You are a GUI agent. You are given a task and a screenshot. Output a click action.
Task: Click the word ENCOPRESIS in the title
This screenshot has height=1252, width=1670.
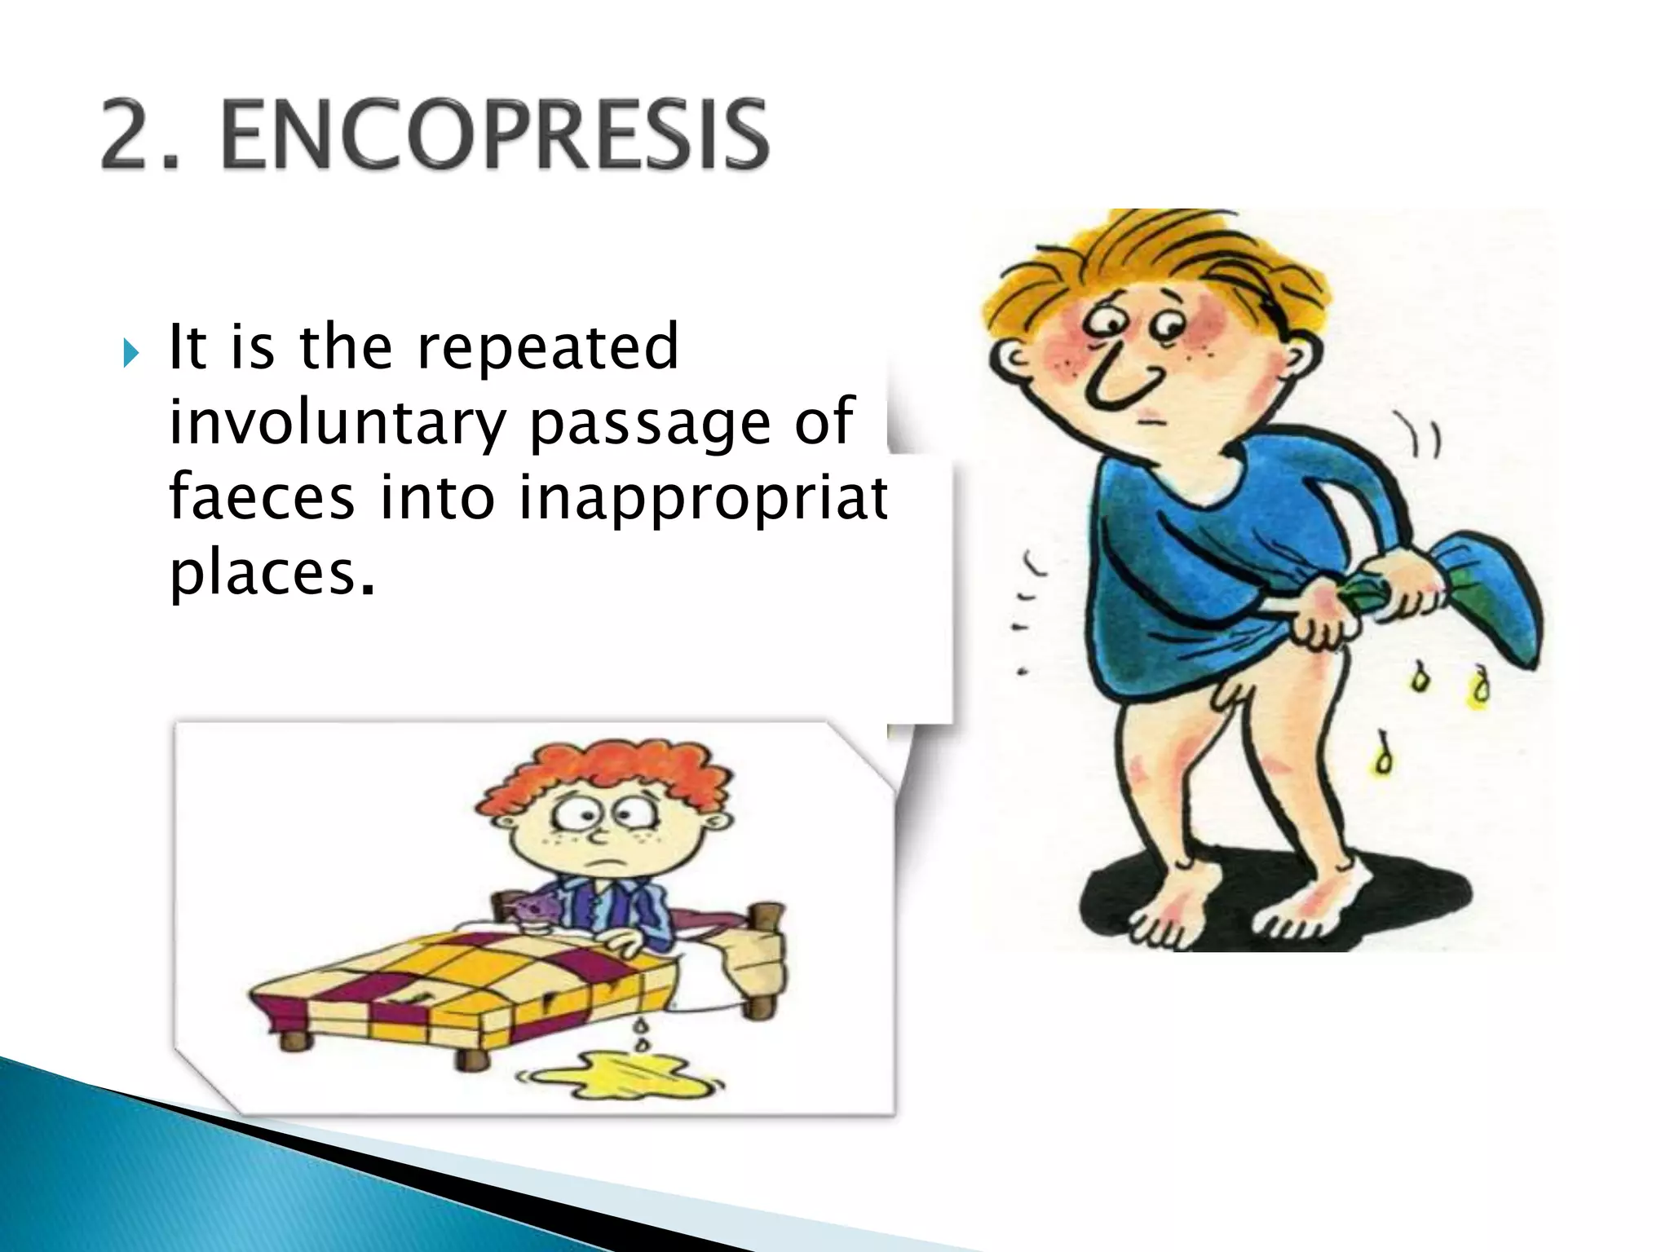coord(494,135)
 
